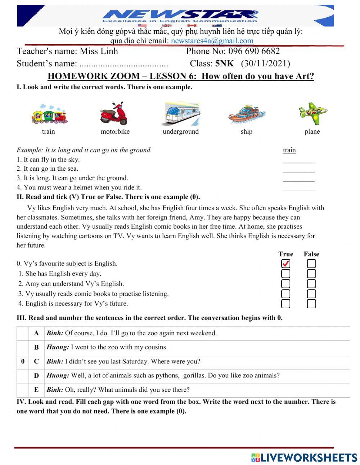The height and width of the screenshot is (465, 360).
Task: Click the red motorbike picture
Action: click(114, 113)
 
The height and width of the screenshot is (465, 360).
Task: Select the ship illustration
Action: click(247, 114)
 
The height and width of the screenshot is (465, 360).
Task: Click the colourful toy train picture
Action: click(49, 114)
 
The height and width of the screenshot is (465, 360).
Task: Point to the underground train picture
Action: click(182, 113)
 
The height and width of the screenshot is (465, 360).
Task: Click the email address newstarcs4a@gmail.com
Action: click(212, 41)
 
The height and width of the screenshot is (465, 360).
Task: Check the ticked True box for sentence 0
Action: click(285, 264)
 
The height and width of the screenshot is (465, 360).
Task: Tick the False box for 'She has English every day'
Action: click(311, 274)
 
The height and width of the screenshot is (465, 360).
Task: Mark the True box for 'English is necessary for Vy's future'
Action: click(285, 304)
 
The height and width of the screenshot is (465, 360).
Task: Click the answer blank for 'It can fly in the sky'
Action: click(298, 161)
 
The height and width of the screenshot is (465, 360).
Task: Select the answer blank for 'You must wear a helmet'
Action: click(298, 188)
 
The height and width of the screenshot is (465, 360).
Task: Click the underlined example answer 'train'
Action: click(289, 150)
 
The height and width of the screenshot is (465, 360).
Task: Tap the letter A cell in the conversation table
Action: click(36, 334)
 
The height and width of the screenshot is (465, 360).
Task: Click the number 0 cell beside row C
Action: click(23, 362)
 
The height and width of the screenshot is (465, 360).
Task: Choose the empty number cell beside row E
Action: click(23, 390)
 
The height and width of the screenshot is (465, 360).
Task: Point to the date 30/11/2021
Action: click(265, 64)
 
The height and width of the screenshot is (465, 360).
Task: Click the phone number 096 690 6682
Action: click(254, 51)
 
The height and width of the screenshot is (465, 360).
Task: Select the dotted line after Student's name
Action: click(123, 64)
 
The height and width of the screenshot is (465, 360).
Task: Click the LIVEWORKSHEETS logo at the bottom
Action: click(304, 457)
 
